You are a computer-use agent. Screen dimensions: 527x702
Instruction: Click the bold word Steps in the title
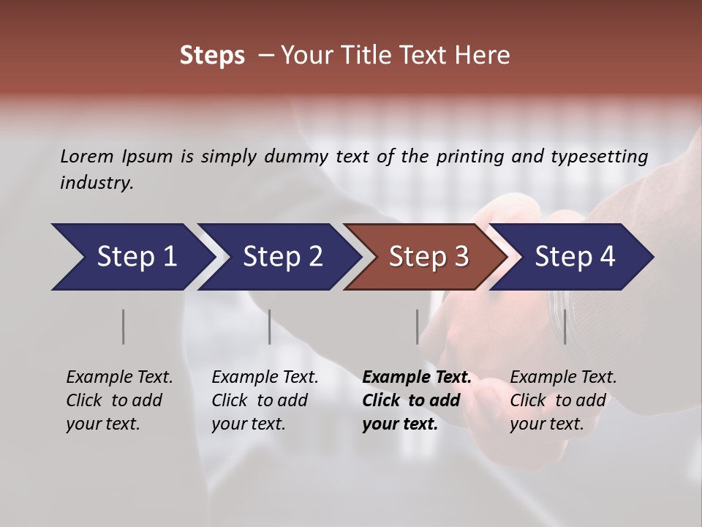[x=212, y=56]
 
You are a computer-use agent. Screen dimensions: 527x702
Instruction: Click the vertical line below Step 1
[x=124, y=326]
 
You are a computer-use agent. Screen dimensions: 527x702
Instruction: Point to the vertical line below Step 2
[x=270, y=326]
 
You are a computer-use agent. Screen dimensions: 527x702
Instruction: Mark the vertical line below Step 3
[x=418, y=326]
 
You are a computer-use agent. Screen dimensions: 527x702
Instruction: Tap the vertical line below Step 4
[x=565, y=326]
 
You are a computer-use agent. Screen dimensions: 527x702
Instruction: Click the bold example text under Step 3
[x=417, y=400]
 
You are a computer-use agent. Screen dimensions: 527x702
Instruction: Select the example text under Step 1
[x=119, y=400]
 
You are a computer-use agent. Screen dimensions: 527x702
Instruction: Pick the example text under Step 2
[x=265, y=400]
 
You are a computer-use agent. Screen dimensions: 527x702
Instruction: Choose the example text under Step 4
[x=563, y=400]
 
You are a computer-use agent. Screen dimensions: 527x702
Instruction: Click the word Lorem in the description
[x=87, y=157]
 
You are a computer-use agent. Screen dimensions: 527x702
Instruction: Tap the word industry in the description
[x=96, y=183]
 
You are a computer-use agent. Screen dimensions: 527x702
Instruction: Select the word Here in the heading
[x=485, y=56]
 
